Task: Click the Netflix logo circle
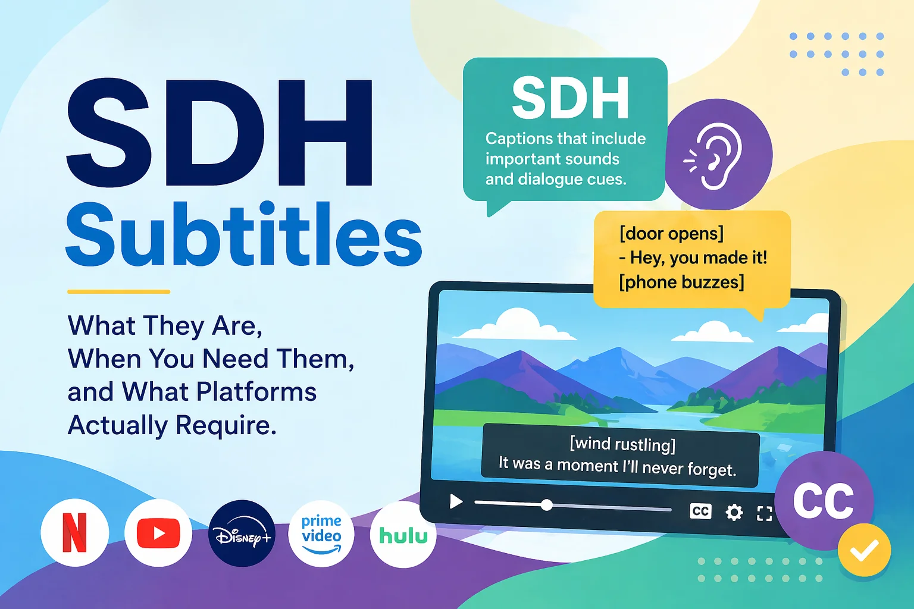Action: [x=74, y=533]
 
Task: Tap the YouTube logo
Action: [x=158, y=533]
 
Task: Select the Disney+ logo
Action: [x=242, y=533]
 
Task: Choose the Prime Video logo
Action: [x=321, y=534]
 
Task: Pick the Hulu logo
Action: [x=403, y=535]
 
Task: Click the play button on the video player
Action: [x=456, y=501]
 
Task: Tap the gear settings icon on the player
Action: [x=734, y=512]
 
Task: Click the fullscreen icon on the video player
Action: [x=764, y=514]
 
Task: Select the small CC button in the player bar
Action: [x=700, y=511]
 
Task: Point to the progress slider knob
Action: [x=547, y=505]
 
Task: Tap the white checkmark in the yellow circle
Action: [x=865, y=550]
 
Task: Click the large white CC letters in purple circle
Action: [x=824, y=501]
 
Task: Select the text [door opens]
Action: [x=672, y=233]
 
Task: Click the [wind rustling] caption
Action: [x=622, y=444]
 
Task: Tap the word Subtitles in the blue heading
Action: [x=243, y=234]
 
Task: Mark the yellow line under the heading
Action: [x=119, y=291]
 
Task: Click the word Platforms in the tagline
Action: [x=256, y=391]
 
